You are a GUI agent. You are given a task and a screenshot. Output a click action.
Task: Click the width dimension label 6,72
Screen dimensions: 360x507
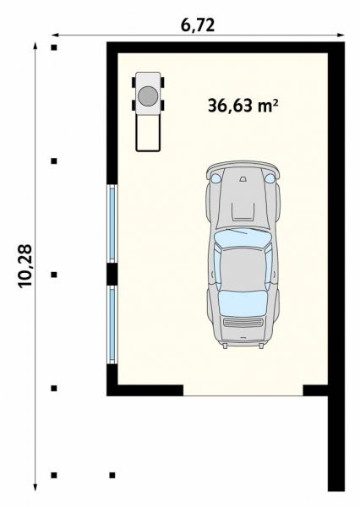[x=197, y=25]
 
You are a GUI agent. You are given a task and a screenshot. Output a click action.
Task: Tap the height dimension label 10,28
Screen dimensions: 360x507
[x=25, y=266]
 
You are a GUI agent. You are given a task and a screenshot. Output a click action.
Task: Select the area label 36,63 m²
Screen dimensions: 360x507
[x=243, y=106]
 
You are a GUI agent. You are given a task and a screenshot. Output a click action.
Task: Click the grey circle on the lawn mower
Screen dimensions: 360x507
[x=148, y=95]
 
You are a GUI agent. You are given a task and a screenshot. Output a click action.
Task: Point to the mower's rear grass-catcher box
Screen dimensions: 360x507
[x=148, y=133]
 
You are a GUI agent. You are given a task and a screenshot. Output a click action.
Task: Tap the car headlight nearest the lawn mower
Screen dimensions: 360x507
[x=215, y=177]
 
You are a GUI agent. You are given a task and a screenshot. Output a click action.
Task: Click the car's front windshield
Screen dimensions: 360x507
[x=243, y=237]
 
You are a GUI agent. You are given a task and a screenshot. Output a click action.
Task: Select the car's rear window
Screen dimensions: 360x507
[x=243, y=303]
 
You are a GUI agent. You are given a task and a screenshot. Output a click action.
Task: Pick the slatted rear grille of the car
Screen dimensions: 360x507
[x=243, y=323]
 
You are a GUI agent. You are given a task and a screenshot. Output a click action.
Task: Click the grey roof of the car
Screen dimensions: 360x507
[x=243, y=269]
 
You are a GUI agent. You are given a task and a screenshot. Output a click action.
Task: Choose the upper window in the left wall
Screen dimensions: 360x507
[x=112, y=223]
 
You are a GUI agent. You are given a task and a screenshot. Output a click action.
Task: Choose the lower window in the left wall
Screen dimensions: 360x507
[x=112, y=324]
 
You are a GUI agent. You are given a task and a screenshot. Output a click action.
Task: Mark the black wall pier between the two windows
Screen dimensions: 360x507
[x=112, y=274]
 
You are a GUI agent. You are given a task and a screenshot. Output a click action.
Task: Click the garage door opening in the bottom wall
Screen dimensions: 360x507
[x=243, y=390]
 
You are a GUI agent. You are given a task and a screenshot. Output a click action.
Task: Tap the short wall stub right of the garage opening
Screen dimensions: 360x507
[x=315, y=390]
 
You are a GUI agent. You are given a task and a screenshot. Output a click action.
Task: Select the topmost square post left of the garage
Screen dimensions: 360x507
[x=54, y=47]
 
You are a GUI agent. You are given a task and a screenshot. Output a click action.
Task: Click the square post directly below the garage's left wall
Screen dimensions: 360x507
[x=112, y=475]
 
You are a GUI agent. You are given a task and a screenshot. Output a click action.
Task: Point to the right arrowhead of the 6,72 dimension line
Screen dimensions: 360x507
[x=341, y=35]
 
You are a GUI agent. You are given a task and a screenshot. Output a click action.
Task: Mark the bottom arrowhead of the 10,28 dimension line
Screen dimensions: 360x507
[x=35, y=488]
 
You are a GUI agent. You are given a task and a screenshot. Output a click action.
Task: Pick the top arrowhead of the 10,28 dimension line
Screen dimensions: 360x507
[x=35, y=46]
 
